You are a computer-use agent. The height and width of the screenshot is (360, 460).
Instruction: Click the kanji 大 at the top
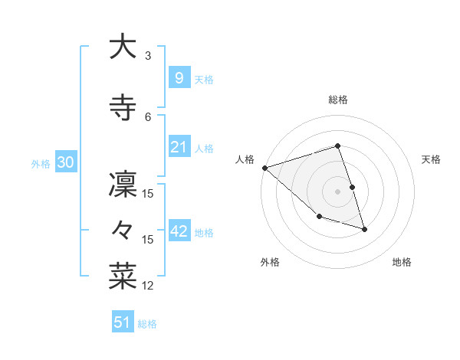pos(123,47)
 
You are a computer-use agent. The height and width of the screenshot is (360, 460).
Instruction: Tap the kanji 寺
pos(123,107)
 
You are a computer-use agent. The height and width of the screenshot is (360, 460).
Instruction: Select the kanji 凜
pos(123,185)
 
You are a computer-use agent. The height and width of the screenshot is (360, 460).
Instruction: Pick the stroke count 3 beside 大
pos(148,56)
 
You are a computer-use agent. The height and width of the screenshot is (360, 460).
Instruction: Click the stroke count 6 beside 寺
pos(148,116)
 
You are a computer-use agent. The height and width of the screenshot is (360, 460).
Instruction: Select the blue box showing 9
pos(179,77)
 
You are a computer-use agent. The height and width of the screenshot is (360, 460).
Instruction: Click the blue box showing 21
pos(179,147)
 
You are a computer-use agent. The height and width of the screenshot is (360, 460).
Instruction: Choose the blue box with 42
pos(179,231)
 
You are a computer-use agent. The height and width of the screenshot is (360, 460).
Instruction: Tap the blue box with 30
pos(64,162)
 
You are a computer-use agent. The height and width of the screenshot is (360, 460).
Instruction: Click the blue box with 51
pos(122,322)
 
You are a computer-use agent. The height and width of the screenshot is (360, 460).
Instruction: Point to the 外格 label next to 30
pos(41,163)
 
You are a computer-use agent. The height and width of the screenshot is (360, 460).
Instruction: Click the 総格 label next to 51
pos(147,324)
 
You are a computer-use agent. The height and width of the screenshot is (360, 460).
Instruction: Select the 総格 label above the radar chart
pos(338,100)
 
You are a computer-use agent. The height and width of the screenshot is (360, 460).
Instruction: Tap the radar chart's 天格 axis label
pos(432,159)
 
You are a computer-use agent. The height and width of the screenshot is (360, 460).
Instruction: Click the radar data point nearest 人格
pos(264,167)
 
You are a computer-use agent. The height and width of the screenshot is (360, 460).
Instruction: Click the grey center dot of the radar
pos(338,191)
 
